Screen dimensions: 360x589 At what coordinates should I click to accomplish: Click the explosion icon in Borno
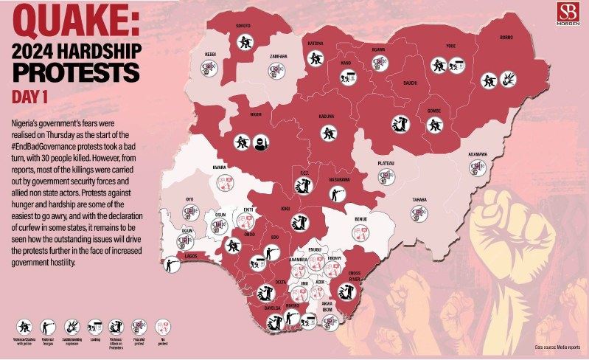(508, 78)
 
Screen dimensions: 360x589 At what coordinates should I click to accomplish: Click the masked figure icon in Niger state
(259, 142)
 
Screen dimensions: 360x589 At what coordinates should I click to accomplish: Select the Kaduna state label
(327, 116)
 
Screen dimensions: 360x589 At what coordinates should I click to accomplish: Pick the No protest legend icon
(161, 325)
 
